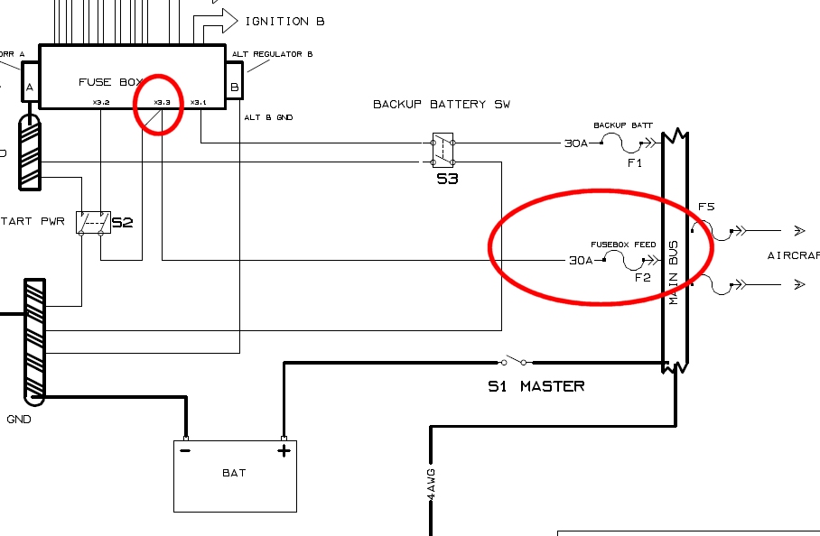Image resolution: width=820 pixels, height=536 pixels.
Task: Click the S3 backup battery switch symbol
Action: (442, 151)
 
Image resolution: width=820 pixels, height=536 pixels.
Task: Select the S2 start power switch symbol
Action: (90, 222)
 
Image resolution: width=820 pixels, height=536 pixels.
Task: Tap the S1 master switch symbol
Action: (516, 362)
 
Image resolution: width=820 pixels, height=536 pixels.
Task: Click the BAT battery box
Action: (235, 475)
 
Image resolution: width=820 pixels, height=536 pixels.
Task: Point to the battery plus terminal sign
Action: (284, 451)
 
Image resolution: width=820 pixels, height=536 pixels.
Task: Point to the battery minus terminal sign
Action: (185, 451)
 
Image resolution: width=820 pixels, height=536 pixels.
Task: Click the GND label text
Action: (19, 420)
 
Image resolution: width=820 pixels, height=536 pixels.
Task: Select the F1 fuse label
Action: (634, 163)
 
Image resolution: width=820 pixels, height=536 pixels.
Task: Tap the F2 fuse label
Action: (642, 277)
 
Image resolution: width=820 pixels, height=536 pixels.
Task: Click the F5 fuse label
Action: (705, 207)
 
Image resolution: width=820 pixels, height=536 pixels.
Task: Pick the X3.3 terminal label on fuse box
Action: (163, 102)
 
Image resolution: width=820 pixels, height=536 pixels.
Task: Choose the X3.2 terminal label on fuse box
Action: (100, 102)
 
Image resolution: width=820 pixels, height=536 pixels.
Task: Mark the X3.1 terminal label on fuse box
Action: (199, 102)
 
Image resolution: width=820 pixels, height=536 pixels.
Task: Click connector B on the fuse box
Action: (235, 88)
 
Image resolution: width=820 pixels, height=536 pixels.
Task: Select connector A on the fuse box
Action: (30, 88)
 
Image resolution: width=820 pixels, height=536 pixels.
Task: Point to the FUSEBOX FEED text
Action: (623, 245)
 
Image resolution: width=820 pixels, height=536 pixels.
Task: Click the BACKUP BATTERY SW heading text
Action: (442, 105)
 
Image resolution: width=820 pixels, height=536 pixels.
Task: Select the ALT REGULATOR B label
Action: (273, 54)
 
